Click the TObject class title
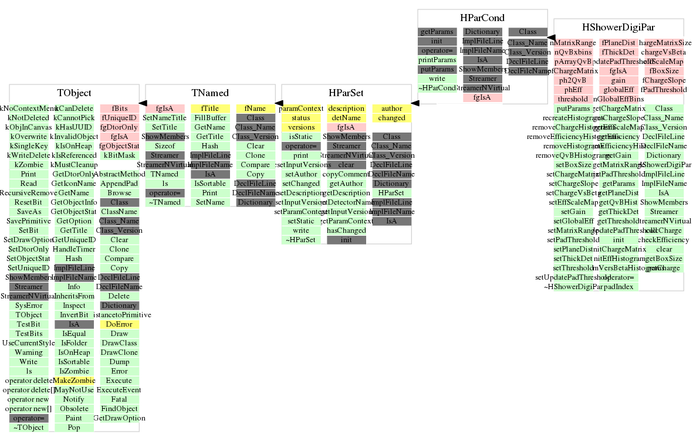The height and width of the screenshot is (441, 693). [74, 93]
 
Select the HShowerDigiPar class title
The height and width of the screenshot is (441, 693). [618, 27]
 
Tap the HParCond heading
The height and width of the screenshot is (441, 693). [482, 18]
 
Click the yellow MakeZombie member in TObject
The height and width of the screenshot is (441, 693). [74, 381]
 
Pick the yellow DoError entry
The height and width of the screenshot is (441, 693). [119, 324]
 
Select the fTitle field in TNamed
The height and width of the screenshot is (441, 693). [210, 108]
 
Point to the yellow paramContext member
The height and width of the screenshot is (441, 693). [300, 108]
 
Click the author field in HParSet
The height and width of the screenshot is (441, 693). [391, 108]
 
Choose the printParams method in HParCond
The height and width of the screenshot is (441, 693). [437, 60]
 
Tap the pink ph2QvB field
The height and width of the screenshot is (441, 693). [573, 80]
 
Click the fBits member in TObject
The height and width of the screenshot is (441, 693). [119, 108]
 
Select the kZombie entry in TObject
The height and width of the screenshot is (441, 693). [28, 165]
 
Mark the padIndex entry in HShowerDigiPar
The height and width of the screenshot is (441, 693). [618, 287]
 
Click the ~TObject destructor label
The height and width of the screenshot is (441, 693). [28, 428]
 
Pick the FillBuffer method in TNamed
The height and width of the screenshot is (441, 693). [210, 118]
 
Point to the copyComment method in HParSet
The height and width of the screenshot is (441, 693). [346, 174]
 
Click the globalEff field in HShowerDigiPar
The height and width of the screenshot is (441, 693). [618, 90]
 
